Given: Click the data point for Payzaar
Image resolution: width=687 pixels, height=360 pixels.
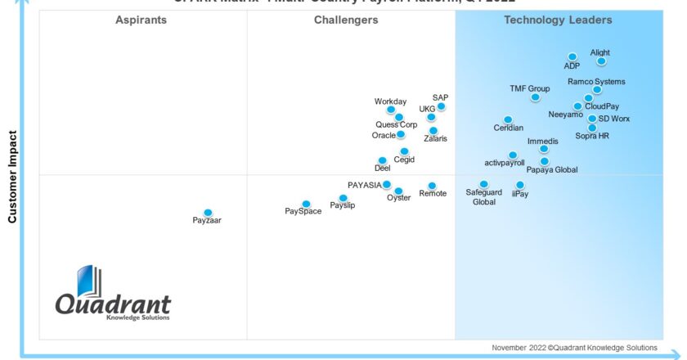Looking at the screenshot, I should (x=208, y=213).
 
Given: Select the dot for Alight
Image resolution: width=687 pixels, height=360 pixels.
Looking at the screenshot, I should (x=601, y=61).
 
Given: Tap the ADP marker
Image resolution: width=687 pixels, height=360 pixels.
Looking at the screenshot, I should (x=573, y=57).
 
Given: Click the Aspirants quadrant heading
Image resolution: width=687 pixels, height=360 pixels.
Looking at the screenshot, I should (x=141, y=20).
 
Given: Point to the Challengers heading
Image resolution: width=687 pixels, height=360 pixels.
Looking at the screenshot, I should (x=346, y=20).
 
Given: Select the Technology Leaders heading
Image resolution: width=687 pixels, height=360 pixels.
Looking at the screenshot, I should (x=558, y=20).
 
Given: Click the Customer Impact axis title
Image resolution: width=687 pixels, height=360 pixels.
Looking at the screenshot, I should (x=12, y=176).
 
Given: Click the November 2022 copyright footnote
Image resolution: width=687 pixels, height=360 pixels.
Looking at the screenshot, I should (x=574, y=347).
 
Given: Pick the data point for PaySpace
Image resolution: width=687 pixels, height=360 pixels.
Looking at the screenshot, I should (x=306, y=204).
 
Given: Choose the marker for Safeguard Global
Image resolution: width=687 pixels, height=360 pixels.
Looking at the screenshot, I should (x=484, y=184).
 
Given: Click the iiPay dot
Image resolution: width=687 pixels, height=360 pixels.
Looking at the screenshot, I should (x=520, y=185).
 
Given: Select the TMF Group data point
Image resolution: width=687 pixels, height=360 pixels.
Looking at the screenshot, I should (x=535, y=97).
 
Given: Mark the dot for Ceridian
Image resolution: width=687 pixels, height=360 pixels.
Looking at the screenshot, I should (x=508, y=119).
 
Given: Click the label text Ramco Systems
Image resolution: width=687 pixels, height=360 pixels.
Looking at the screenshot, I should (x=596, y=82).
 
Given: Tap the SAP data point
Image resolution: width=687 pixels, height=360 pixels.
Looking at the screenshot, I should (x=441, y=106).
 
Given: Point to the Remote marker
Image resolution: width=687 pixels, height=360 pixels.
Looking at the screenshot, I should (x=432, y=186).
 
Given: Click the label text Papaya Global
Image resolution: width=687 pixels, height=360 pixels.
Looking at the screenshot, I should (x=551, y=170).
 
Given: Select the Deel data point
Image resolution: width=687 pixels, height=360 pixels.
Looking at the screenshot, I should (x=381, y=160).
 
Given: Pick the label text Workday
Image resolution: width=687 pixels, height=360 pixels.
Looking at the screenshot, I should (x=390, y=101).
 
